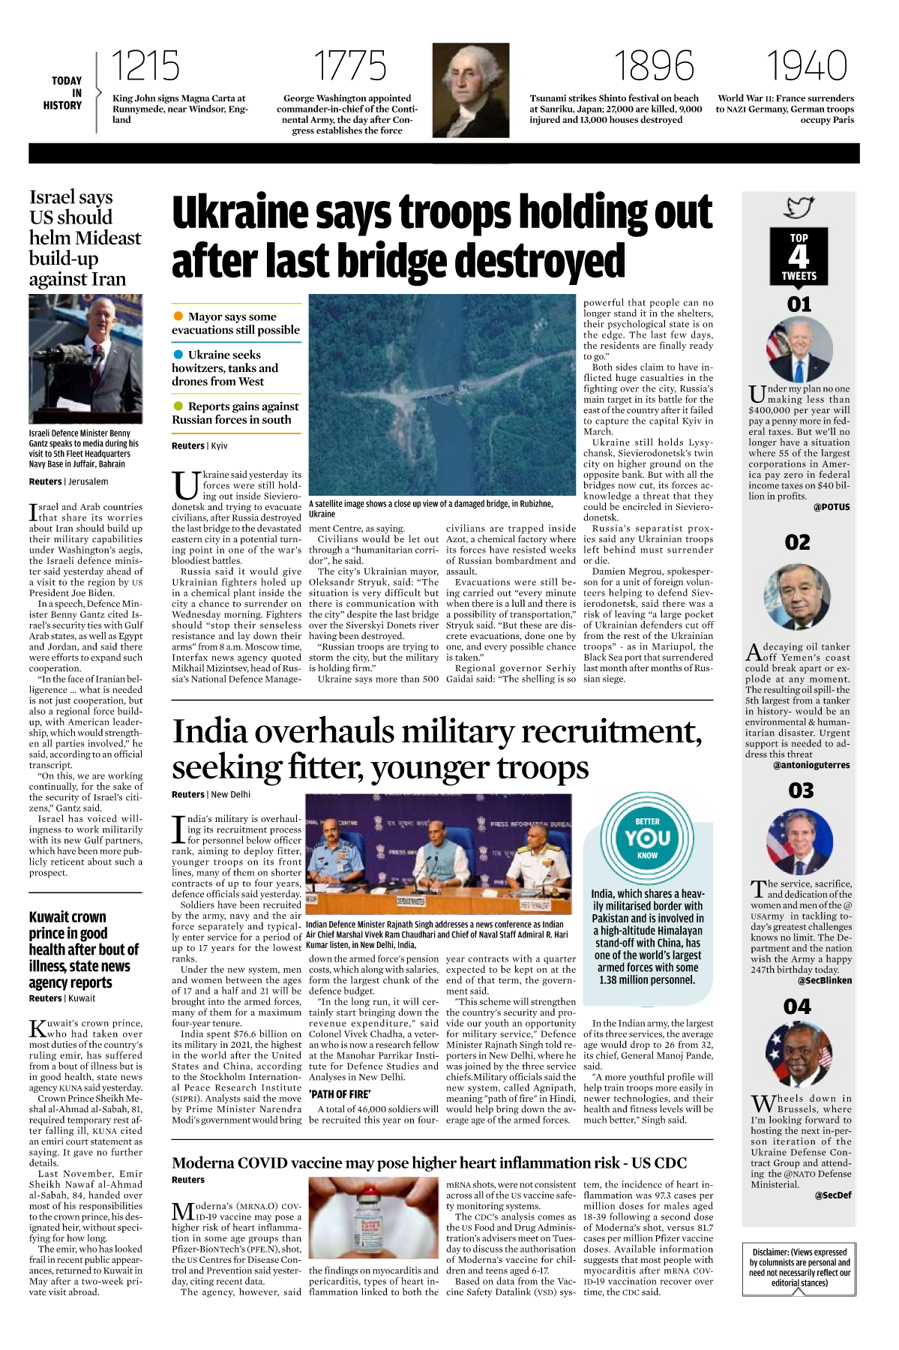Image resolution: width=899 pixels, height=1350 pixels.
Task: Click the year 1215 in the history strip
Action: [145, 66]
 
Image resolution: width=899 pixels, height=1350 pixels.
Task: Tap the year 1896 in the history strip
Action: [654, 66]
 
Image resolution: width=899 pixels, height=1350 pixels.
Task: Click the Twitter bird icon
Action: [799, 208]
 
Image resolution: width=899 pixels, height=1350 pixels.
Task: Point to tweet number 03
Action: [801, 790]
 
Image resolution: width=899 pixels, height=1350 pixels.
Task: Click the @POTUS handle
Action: [832, 507]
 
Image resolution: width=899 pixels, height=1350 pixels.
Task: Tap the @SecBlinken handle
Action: [825, 980]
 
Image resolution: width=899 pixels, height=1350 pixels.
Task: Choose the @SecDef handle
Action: [832, 1195]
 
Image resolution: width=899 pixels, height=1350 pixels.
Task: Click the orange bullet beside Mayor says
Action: [178, 316]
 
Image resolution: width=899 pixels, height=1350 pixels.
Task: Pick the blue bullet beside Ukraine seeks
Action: [178, 355]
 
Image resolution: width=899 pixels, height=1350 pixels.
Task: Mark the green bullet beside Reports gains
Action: [178, 406]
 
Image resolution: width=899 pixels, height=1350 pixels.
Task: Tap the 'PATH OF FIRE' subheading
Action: [340, 1094]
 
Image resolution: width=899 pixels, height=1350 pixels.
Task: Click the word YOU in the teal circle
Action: [648, 838]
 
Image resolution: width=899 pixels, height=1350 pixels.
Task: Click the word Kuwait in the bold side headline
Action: [49, 917]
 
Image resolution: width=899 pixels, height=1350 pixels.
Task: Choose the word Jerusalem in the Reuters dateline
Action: [88, 481]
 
